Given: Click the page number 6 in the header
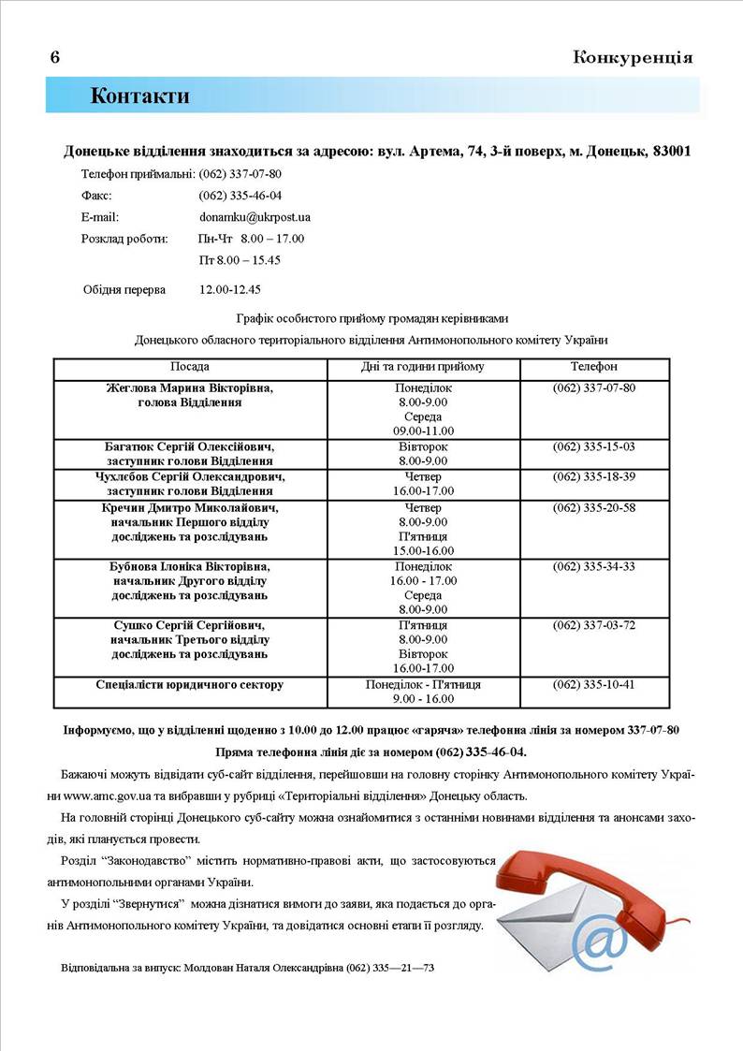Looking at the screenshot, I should pyautogui.click(x=55, y=57).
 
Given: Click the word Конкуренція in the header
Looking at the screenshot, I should pyautogui.click(x=633, y=57).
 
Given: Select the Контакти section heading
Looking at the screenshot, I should pyautogui.click(x=139, y=95).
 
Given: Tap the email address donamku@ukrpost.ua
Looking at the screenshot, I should pyautogui.click(x=255, y=217).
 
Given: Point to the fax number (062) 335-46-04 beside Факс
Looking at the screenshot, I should pyautogui.click(x=240, y=196).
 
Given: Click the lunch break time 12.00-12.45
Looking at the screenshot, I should pyautogui.click(x=230, y=289).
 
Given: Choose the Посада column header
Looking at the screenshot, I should pyautogui.click(x=190, y=367).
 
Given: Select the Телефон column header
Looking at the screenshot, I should pyautogui.click(x=594, y=367).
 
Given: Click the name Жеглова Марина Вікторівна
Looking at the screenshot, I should pyautogui.click(x=190, y=387).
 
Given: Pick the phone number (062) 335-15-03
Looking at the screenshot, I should pyautogui.click(x=594, y=446).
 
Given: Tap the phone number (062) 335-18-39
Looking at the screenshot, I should pyautogui.click(x=594, y=476).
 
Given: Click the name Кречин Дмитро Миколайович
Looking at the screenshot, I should pyautogui.click(x=190, y=507).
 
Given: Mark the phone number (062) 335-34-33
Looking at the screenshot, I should pyautogui.click(x=594, y=566).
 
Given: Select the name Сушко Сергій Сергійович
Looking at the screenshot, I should pyautogui.click(x=190, y=625).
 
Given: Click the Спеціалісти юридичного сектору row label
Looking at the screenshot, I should pyautogui.click(x=190, y=684).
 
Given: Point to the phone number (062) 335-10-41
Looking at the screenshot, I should pyautogui.click(x=594, y=684).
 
